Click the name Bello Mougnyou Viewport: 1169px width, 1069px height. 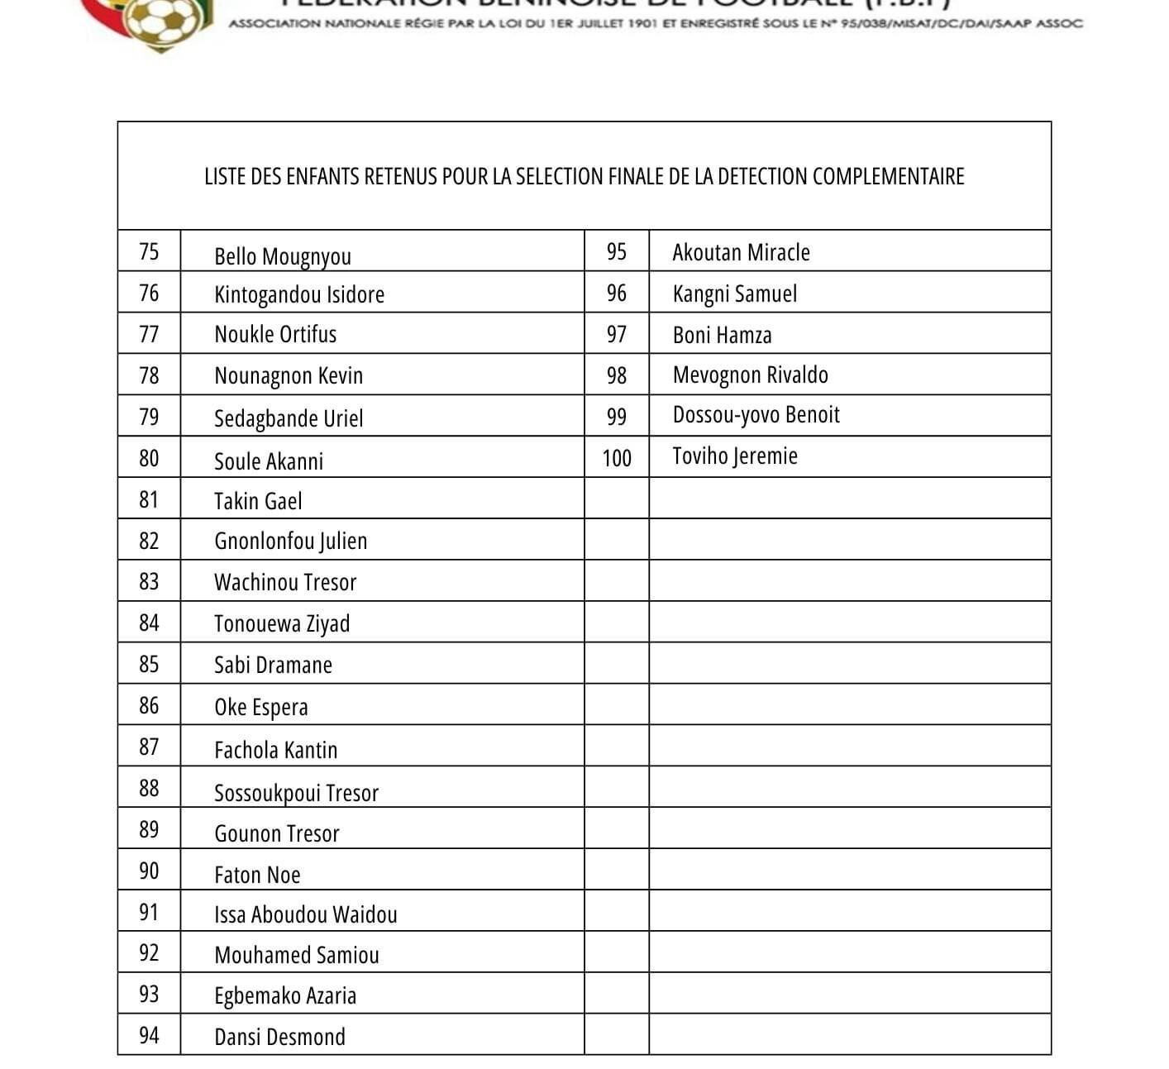pos(283,256)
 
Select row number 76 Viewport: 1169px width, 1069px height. pos(149,293)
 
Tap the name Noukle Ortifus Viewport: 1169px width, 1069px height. pos(275,335)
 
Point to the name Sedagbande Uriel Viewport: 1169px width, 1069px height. pos(289,418)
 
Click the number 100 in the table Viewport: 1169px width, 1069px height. pos(617,458)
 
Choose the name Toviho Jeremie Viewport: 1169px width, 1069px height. pos(735,456)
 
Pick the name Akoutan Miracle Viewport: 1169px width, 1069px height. pos(741,252)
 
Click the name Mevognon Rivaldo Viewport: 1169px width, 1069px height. pos(750,375)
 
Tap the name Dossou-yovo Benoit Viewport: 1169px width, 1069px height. pos(756,415)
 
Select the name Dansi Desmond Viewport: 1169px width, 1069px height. pos(279,1037)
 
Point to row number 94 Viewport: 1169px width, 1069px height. pos(149,1035)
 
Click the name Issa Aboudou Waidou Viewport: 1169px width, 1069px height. pos(305,914)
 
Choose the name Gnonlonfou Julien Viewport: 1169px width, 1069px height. pos(290,542)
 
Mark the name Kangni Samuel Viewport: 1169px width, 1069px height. pos(735,294)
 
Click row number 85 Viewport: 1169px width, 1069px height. pos(149,664)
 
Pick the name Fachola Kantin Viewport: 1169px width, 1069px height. pos(275,750)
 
